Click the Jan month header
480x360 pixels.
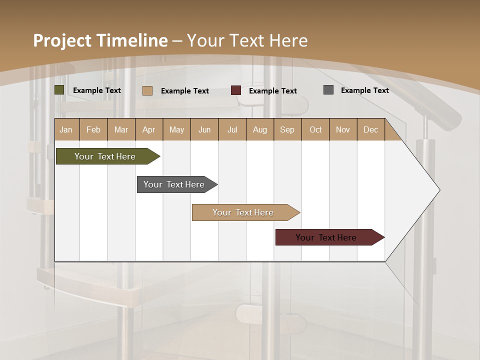point(66,129)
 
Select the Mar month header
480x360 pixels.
point(121,129)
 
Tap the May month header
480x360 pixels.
point(176,129)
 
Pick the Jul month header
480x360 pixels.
point(232,129)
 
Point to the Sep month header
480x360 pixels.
point(287,129)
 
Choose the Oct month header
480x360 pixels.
point(315,129)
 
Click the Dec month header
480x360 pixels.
point(370,129)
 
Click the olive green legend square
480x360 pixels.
point(59,90)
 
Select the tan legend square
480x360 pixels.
point(147,90)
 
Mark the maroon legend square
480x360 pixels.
point(236,90)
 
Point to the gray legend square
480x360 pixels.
point(328,90)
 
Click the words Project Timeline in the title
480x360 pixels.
point(100,40)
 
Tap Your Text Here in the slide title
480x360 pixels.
point(247,40)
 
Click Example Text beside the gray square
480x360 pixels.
point(364,90)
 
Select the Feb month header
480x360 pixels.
point(93,129)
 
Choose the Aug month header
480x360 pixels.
point(259,129)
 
